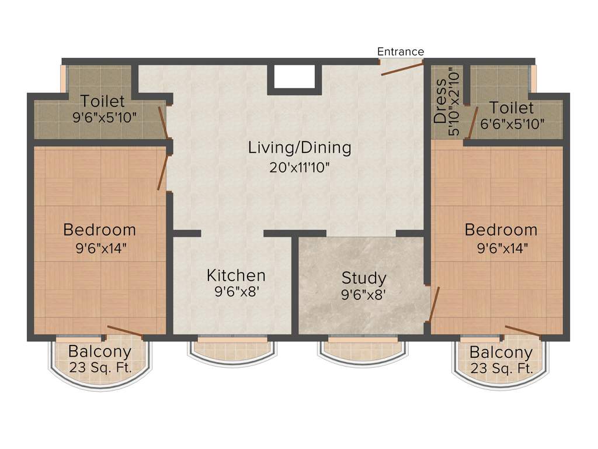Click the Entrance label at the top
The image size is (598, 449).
(401, 51)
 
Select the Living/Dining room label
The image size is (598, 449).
(300, 147)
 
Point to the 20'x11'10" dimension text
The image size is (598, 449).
(300, 168)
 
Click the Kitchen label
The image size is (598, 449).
(236, 275)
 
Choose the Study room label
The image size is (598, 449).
(364, 277)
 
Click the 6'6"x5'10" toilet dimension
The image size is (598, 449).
(512, 124)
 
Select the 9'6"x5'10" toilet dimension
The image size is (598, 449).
(105, 117)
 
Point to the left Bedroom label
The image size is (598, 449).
(99, 229)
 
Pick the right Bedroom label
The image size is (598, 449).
(500, 230)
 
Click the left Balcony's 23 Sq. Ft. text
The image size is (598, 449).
(99, 368)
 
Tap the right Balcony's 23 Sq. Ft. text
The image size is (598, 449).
(500, 369)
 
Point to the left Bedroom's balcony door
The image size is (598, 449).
(125, 331)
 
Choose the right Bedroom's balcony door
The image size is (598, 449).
(523, 331)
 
